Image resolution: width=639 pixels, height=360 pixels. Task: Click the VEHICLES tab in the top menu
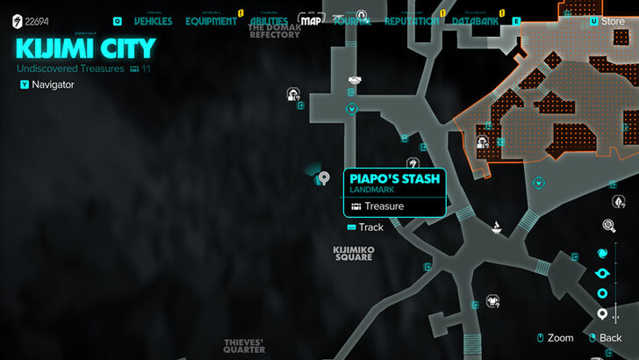pos(153,21)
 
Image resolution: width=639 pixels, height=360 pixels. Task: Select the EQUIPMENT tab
pos(211,21)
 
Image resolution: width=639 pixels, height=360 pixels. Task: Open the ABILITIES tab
pos(269,21)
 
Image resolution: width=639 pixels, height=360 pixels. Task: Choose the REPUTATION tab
pos(412,21)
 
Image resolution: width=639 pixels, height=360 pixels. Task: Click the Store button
pos(612,21)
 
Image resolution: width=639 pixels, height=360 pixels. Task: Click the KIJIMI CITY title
pos(85,47)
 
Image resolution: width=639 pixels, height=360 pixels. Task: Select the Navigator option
pos(53,85)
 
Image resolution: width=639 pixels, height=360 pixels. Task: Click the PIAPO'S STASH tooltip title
pos(393,179)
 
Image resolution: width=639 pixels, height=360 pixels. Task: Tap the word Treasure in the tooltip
pos(384,206)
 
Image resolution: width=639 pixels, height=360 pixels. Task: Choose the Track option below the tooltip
pos(370,227)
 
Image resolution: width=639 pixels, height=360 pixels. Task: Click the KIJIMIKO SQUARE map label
pos(354,253)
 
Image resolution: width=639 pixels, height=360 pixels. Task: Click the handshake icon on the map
pos(354,81)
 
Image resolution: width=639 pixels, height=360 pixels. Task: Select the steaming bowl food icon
pos(497,230)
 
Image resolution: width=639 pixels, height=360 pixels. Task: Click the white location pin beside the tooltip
pos(324,179)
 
